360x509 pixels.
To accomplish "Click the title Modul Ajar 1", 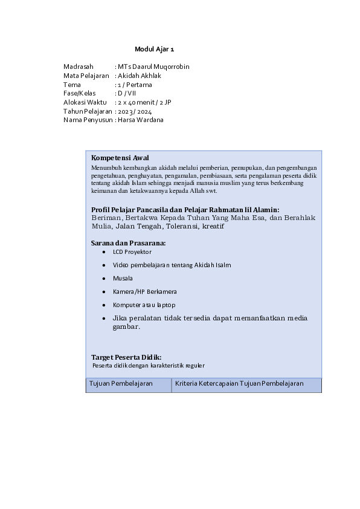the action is (x=154, y=49).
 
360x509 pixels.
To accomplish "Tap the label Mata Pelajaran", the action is (x=86, y=76).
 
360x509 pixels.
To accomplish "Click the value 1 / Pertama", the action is (x=135, y=85).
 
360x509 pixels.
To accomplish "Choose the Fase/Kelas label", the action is (x=80, y=94).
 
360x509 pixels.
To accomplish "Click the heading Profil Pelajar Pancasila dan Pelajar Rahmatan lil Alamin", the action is (x=185, y=209).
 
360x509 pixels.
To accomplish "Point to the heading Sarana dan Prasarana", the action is (x=128, y=243).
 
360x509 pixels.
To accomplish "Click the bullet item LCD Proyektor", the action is (x=132, y=251).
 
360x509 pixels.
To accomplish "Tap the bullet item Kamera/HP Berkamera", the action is (x=144, y=291).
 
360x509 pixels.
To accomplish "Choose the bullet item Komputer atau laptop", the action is (x=144, y=305).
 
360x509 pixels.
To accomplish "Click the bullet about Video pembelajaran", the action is (x=172, y=265).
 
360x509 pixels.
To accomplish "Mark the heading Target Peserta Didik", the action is (x=126, y=357).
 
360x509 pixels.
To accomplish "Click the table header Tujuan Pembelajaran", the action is (x=121, y=384).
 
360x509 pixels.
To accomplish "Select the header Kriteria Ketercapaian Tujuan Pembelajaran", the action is (x=239, y=384).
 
